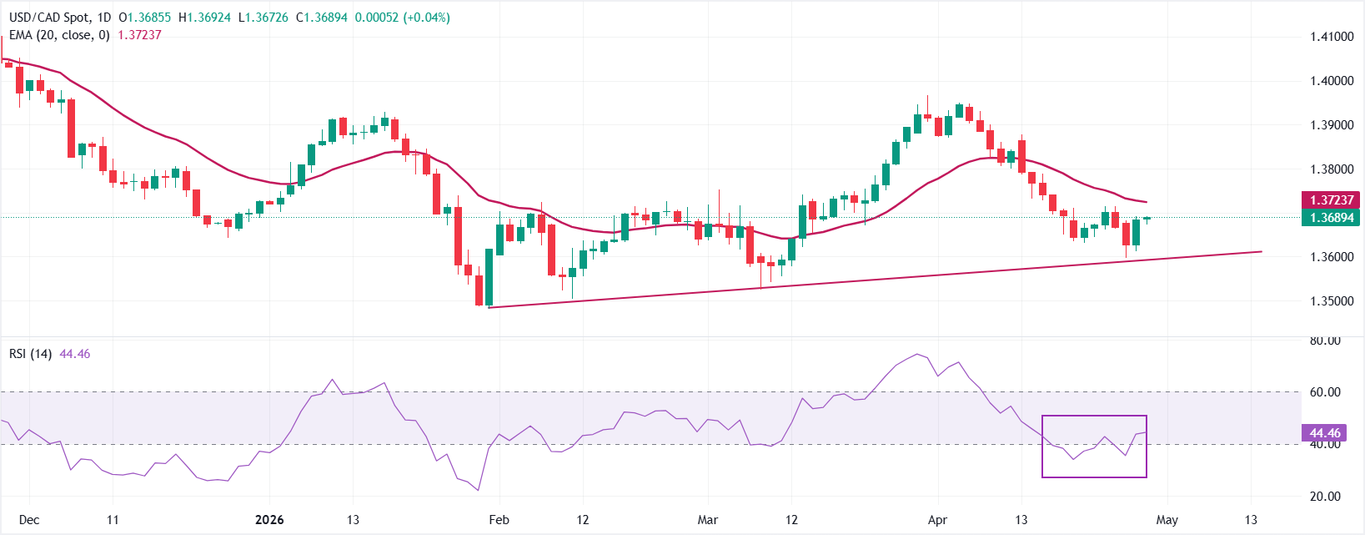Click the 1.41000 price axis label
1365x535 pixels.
tap(1331, 37)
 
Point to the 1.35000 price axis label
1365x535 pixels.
tap(1331, 301)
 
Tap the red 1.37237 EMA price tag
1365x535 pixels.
tap(1330, 200)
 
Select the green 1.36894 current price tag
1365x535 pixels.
tap(1330, 218)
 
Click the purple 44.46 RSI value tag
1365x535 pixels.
tap(1325, 433)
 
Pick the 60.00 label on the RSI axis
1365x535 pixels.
tap(1325, 392)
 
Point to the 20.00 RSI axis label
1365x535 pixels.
tap(1325, 497)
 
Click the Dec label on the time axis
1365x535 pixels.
tap(29, 520)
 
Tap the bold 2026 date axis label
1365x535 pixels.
tap(269, 520)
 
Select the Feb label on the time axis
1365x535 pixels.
tap(499, 520)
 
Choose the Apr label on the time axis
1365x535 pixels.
tap(937, 520)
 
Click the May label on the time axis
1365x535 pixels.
tap(1167, 520)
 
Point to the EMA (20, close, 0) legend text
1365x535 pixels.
tap(59, 35)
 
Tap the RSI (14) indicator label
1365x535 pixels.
tap(31, 354)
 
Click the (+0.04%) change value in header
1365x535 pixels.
tap(426, 18)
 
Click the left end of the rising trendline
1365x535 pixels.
tap(489, 308)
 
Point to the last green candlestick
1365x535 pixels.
tap(1147, 219)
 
